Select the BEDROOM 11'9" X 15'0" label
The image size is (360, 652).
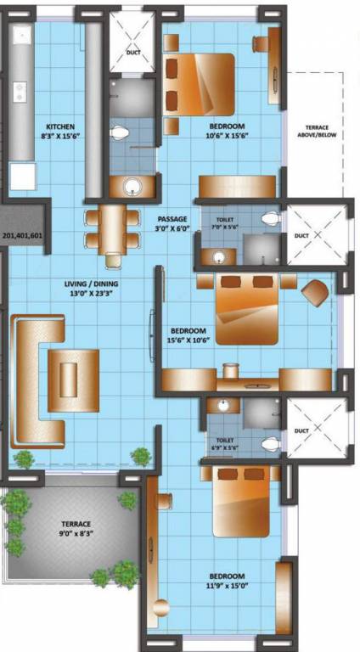[x=227, y=581]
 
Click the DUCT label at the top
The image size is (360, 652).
[x=133, y=52]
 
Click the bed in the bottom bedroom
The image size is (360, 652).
[x=240, y=506]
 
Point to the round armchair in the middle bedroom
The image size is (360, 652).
[x=315, y=293]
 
